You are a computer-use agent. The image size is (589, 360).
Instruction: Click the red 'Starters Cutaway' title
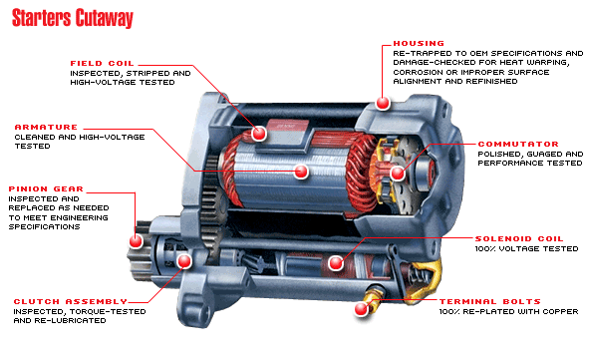point(73,18)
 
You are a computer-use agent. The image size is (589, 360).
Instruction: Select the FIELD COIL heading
point(102,63)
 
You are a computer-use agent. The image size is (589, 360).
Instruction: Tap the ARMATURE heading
point(46,127)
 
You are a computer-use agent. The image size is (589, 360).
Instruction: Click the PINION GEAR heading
point(46,188)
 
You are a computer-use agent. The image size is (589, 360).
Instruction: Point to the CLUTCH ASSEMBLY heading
point(70,301)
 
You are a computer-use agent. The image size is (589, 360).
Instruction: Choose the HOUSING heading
point(419,43)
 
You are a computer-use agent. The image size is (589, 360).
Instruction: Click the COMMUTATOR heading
point(518,144)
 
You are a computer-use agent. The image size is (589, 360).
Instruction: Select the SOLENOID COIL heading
point(519,238)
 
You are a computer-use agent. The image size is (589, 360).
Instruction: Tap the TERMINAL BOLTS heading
point(490,301)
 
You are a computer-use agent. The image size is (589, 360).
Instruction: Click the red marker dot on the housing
point(383,103)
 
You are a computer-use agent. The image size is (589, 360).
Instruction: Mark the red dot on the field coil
point(259,133)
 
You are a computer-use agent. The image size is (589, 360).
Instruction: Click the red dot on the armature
point(301,172)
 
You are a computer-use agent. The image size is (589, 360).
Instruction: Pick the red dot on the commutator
point(398,174)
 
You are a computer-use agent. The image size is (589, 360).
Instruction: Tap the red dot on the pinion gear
point(136,241)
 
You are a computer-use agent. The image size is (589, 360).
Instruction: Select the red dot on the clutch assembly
point(184,261)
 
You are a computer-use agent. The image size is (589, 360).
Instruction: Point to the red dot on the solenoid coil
point(336,262)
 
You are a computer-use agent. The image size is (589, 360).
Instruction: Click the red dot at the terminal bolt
point(362,309)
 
